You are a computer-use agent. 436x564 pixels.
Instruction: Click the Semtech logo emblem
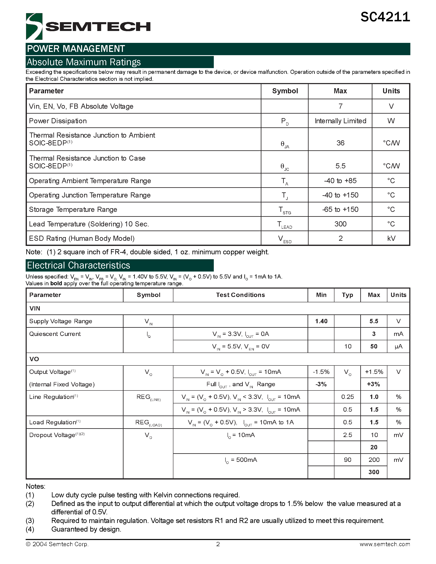pyautogui.click(x=34, y=26)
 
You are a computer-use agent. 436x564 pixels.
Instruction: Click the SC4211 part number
pyautogui.click(x=385, y=17)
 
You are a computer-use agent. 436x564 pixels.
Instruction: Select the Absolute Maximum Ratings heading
pyautogui.click(x=84, y=62)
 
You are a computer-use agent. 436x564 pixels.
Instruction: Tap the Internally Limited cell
pyautogui.click(x=340, y=121)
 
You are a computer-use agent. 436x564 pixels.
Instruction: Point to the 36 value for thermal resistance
pyautogui.click(x=340, y=143)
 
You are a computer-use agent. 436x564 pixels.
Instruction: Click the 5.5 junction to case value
pyautogui.click(x=340, y=166)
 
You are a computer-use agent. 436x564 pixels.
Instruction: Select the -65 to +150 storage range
pyautogui.click(x=340, y=209)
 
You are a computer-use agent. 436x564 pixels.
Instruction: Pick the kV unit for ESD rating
pyautogui.click(x=391, y=238)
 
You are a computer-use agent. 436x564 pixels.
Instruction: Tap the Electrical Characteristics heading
pyautogui.click(x=79, y=265)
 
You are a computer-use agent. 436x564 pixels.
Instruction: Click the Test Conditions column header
pyautogui.click(x=240, y=295)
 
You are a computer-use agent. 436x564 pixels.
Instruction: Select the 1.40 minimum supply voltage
pyautogui.click(x=321, y=321)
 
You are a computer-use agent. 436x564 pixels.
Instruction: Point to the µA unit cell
pyautogui.click(x=398, y=347)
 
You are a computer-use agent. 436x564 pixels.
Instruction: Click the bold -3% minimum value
pyautogui.click(x=321, y=384)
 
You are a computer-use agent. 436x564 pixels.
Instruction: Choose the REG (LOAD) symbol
pyautogui.click(x=148, y=423)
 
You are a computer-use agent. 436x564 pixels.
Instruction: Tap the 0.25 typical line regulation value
pyautogui.click(x=347, y=397)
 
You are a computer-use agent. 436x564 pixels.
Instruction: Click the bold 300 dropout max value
pyautogui.click(x=374, y=472)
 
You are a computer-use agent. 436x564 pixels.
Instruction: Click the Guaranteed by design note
pyautogui.click(x=86, y=529)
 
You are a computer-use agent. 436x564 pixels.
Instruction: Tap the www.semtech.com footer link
pyautogui.click(x=385, y=544)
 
